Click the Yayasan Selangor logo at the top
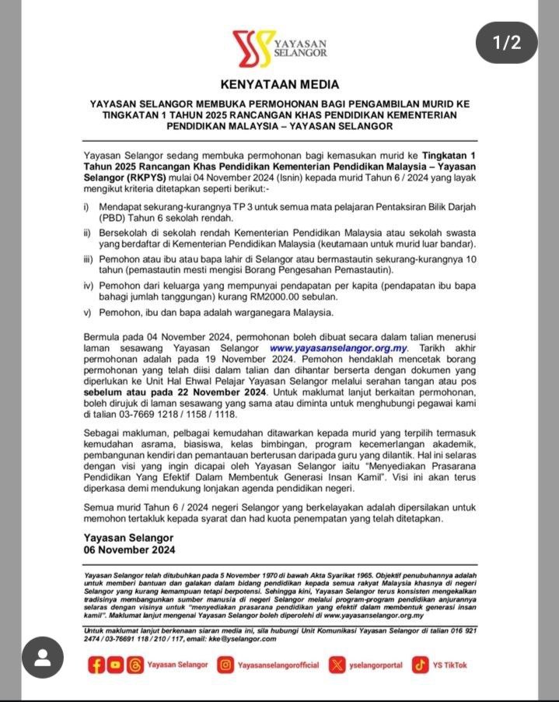tap(279, 49)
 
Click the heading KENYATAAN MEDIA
tap(280, 84)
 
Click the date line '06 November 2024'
tap(129, 549)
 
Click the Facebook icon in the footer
tap(97, 665)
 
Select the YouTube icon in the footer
tap(115, 665)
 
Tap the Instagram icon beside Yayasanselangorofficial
tap(225, 665)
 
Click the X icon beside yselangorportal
tap(337, 665)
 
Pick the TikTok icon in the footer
tap(421, 665)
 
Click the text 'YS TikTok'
tap(450, 665)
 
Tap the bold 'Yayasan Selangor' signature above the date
tap(128, 538)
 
